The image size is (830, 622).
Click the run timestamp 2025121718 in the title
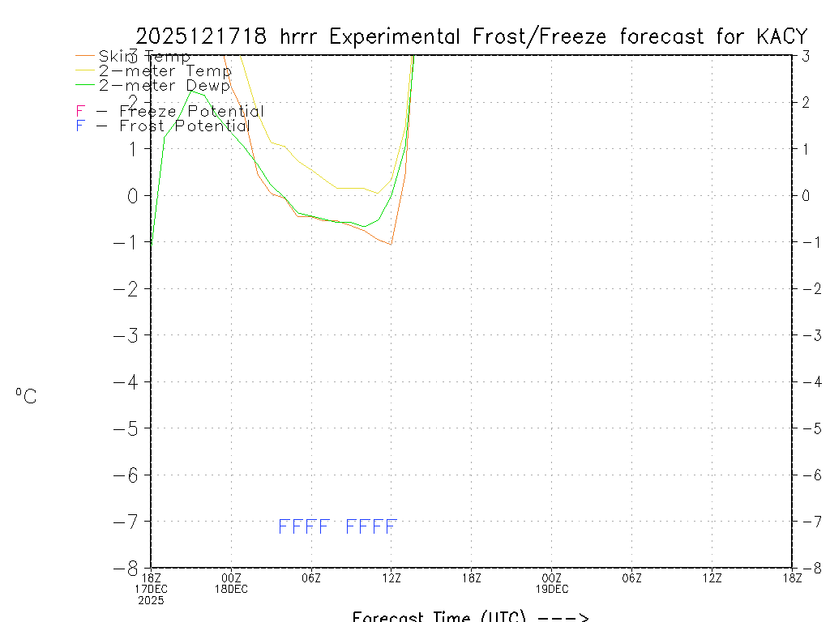coord(203,36)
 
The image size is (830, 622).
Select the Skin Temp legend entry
coord(144,57)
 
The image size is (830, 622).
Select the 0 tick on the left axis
coord(132,195)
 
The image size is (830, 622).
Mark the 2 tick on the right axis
coord(806,102)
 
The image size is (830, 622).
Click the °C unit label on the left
coord(26,396)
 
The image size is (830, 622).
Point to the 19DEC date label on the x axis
coord(552,589)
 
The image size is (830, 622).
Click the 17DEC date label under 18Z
coord(152,589)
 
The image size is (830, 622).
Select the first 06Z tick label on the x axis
coord(311,577)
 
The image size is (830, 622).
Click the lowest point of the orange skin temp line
coord(391,244)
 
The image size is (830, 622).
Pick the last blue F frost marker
coord(390,527)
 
